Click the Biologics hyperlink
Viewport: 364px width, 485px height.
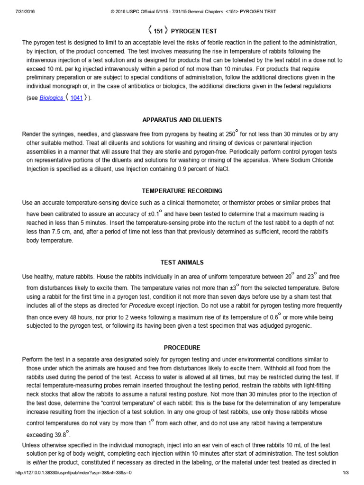point(51,99)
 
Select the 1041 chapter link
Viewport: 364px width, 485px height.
point(76,99)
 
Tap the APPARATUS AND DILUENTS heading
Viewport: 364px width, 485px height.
point(182,120)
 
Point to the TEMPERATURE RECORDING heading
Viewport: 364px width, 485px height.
point(182,191)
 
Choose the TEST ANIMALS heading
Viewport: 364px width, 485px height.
point(182,262)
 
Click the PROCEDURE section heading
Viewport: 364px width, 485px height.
point(182,347)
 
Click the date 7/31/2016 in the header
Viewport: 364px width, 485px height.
point(17,11)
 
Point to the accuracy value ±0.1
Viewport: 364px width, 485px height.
point(152,214)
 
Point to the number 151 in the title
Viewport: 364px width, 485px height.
point(158,31)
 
